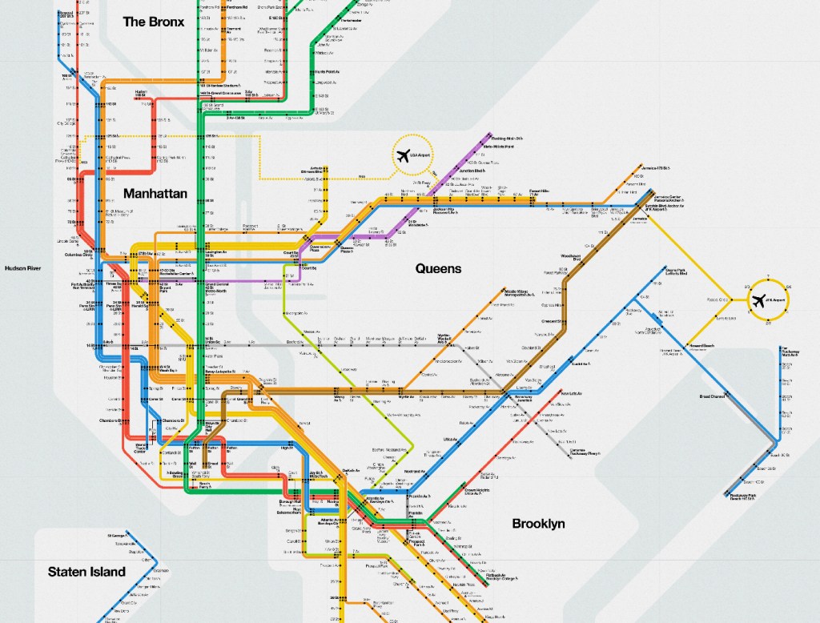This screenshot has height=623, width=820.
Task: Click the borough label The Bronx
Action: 153,22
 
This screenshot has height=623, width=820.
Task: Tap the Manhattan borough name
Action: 155,194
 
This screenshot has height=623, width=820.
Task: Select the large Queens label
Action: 438,268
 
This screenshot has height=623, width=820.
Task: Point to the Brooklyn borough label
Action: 539,524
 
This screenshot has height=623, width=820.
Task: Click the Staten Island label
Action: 86,572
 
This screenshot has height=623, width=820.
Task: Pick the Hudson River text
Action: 22,268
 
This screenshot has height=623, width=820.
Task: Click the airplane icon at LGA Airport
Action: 403,155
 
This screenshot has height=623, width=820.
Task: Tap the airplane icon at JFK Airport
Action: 758,301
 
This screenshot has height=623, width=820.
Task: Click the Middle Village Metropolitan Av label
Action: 521,293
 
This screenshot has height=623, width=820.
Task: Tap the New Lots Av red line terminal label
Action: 571,394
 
